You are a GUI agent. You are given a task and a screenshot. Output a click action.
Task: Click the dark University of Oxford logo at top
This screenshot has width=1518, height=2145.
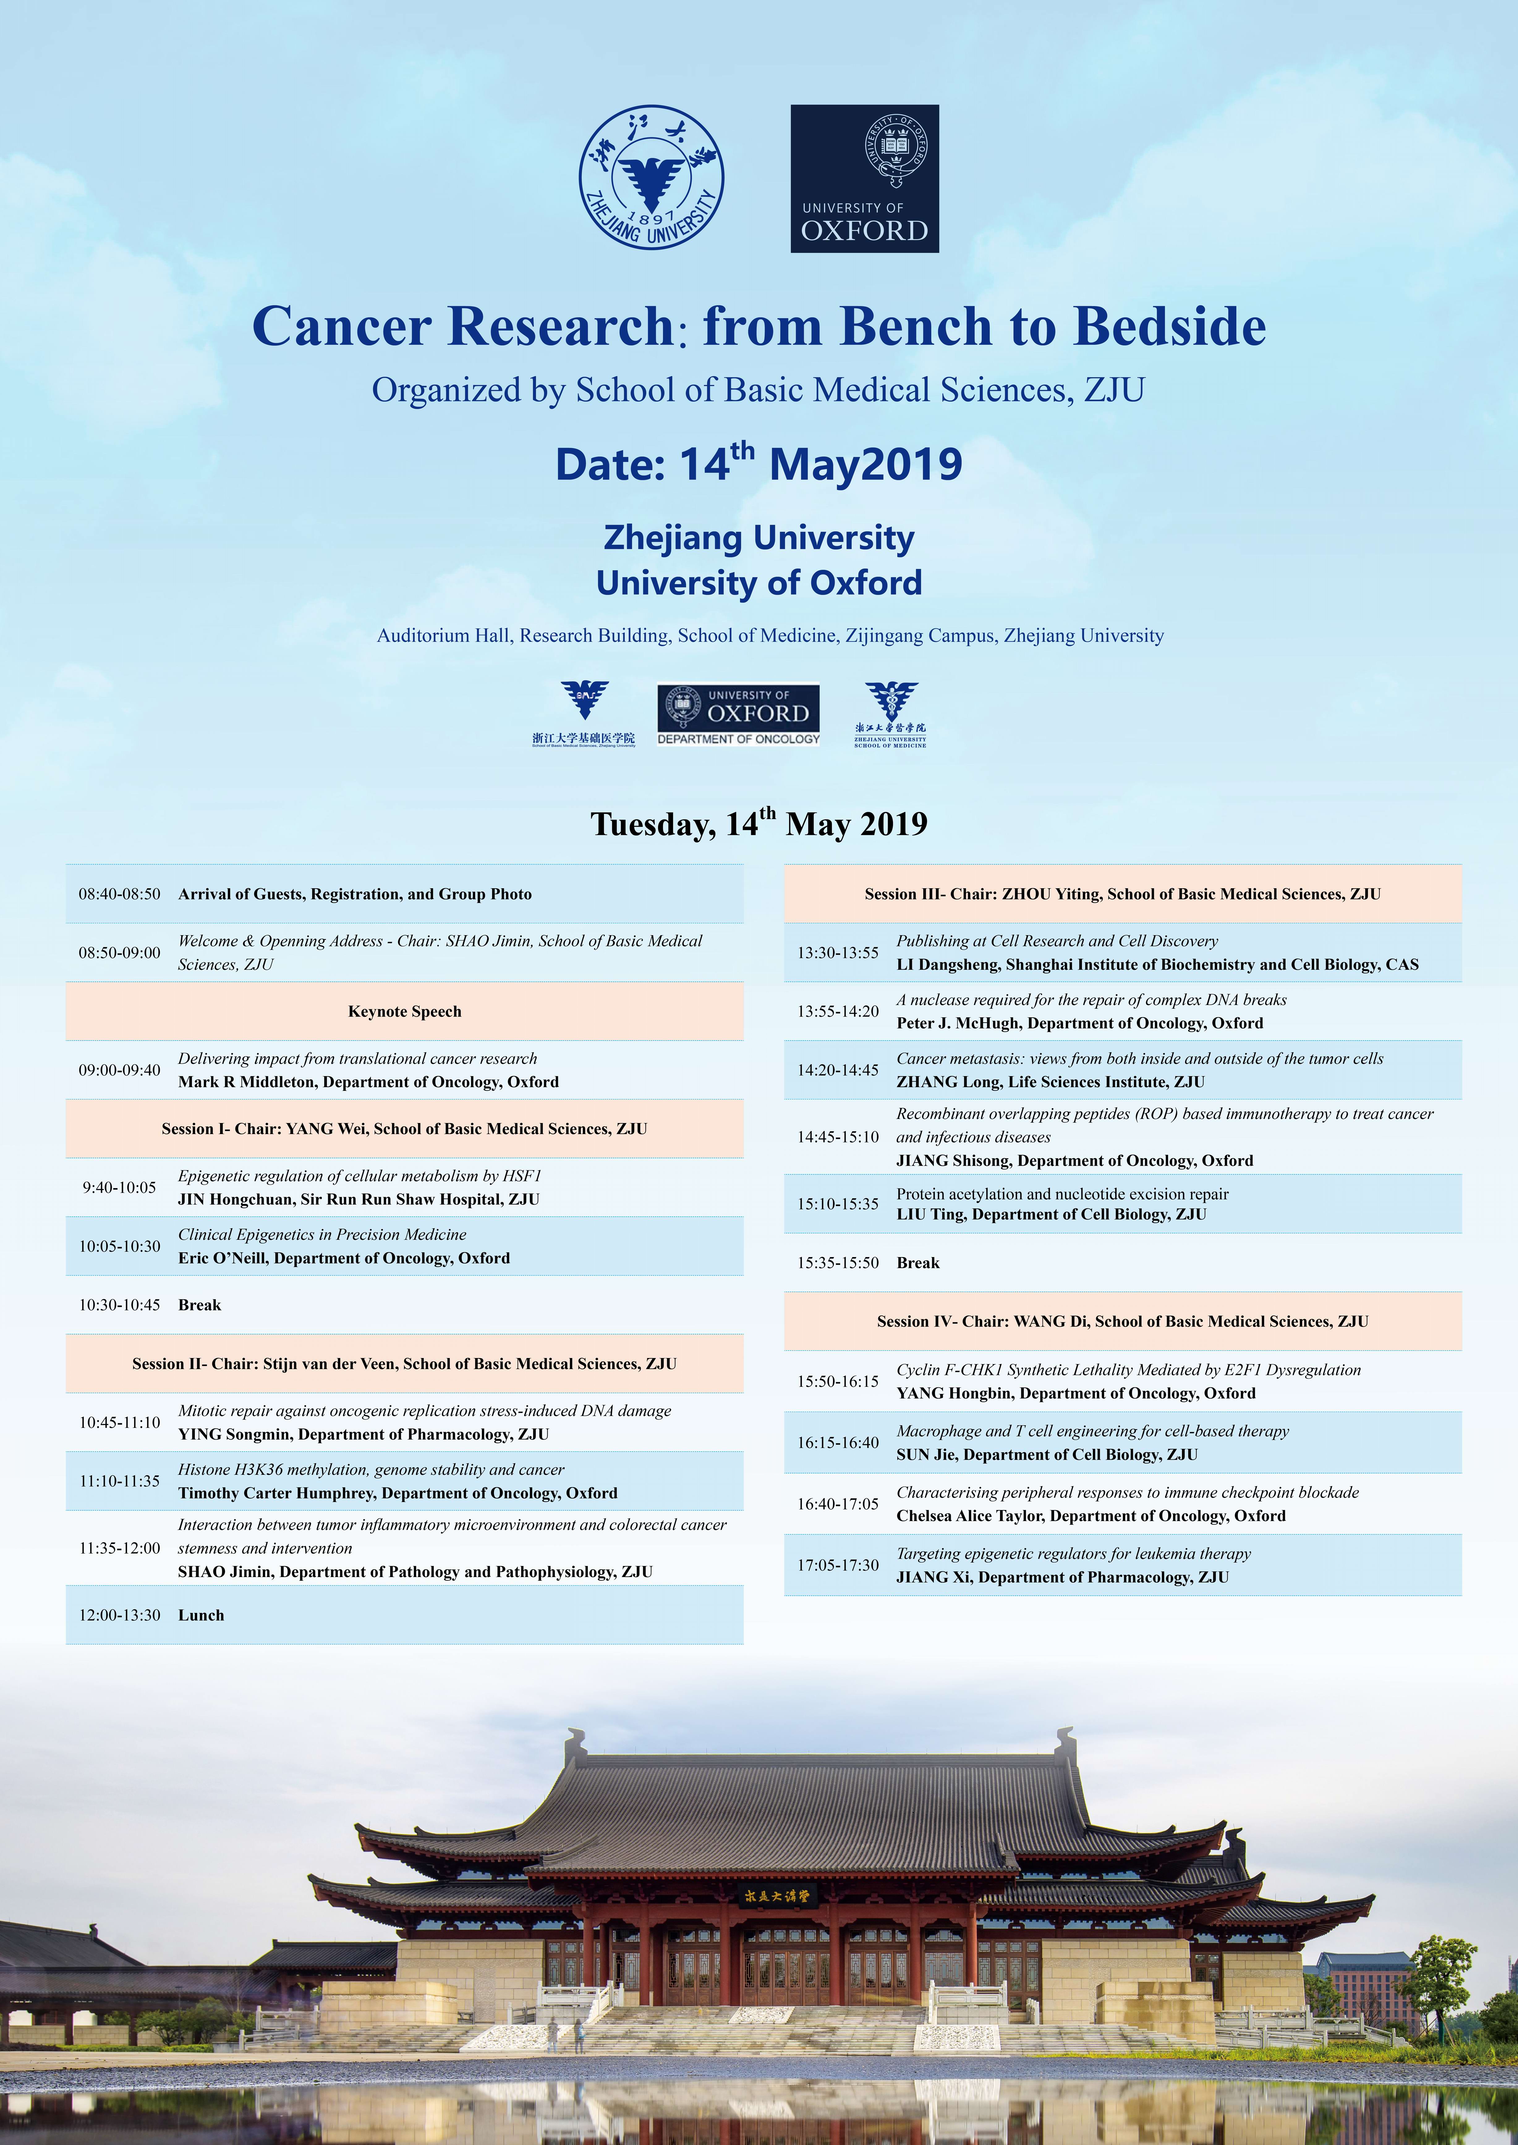coord(865,179)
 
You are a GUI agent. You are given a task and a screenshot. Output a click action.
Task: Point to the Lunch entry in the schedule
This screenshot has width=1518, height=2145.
coord(201,1615)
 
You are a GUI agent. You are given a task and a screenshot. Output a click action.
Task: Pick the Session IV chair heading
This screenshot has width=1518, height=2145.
coord(1122,1321)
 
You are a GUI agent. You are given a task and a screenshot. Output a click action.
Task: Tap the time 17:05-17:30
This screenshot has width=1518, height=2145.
coord(838,1565)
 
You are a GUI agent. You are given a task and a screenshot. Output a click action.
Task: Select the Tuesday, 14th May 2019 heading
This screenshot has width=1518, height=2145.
coord(759,823)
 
